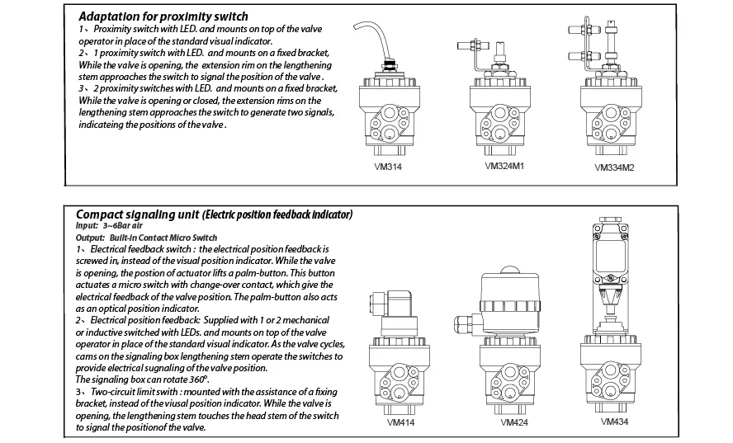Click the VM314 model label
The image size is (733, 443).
[x=387, y=167]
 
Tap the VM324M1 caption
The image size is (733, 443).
[x=504, y=166]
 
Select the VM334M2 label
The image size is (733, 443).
[x=614, y=167]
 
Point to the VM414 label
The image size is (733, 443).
[x=400, y=422]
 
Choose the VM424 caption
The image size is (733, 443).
[x=514, y=422]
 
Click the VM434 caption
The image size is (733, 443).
[x=614, y=422]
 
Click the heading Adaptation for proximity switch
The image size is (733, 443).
[x=163, y=16]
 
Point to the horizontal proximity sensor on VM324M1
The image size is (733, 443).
[x=473, y=46]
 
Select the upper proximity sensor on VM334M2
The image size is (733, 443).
[x=584, y=30]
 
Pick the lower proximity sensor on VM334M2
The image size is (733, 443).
[x=584, y=56]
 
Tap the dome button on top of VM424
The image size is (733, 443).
[x=509, y=270]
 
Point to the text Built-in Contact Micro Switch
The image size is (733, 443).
[x=163, y=238]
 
